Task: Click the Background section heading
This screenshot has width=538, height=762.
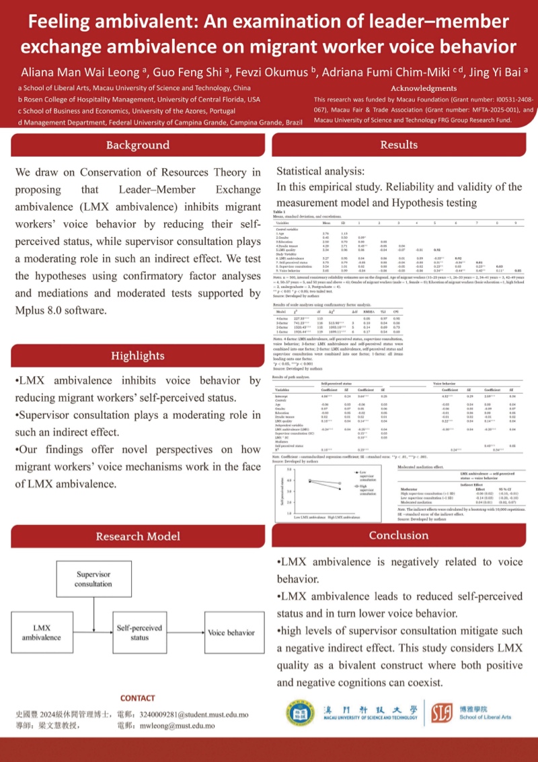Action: [x=137, y=145]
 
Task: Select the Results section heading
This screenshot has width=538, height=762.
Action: [x=399, y=144]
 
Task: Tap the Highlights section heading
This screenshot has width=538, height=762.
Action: [x=137, y=356]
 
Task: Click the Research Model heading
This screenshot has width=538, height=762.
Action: [x=137, y=536]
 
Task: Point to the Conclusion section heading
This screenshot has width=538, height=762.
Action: [x=399, y=535]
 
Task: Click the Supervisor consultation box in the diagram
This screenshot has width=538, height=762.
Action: [x=93, y=580]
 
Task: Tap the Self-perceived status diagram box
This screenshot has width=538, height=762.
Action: [x=139, y=633]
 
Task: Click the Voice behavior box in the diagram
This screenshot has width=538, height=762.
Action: [x=231, y=633]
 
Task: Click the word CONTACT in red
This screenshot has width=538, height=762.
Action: [x=137, y=698]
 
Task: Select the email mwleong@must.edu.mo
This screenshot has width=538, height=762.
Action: [x=182, y=726]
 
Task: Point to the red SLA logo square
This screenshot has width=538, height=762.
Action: [x=442, y=713]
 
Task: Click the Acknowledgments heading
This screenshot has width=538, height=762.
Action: [x=424, y=88]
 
